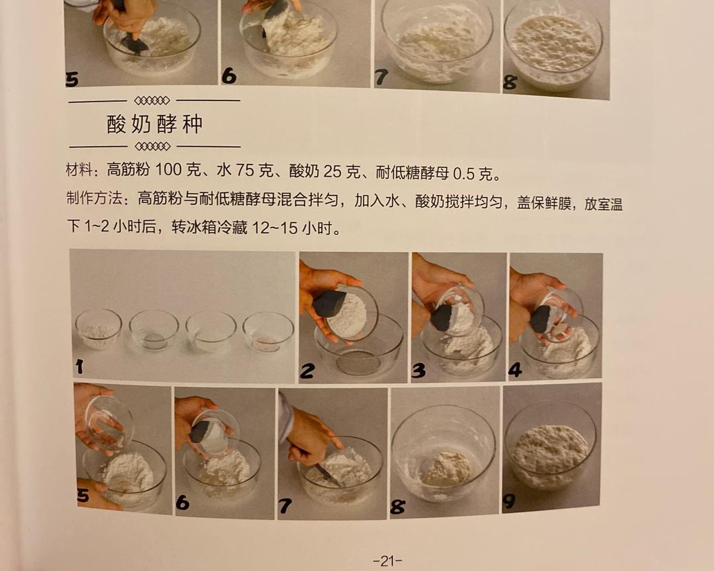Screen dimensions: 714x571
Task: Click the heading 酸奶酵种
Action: pos(155,124)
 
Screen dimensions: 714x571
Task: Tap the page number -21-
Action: pos(387,561)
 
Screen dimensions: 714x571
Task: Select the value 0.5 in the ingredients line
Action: pos(464,174)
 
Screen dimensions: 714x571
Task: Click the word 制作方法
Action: pos(94,198)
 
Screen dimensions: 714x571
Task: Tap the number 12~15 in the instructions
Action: pos(274,227)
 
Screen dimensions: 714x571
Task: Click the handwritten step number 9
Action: pos(509,501)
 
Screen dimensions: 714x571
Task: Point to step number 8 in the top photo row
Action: pos(510,83)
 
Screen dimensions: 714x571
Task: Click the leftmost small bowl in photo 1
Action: pos(99,328)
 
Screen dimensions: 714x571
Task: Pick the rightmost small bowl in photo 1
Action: pos(268,332)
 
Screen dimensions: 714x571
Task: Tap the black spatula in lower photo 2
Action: pos(329,304)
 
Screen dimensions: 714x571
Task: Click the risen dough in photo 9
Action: pos(550,453)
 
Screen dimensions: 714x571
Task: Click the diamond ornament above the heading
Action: pos(152,100)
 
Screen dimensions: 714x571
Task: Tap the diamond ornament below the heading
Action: pos(153,146)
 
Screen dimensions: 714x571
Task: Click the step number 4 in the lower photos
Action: pos(515,370)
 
